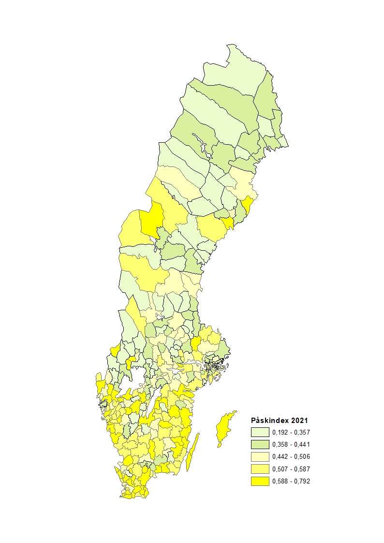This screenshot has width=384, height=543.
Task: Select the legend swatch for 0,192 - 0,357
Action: (260, 432)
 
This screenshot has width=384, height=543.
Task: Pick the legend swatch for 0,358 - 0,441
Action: (260, 444)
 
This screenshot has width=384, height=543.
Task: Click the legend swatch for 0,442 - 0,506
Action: (260, 457)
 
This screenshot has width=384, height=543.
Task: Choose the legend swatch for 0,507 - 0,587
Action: (260, 469)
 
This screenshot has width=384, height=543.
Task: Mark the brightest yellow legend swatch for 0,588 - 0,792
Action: (260, 481)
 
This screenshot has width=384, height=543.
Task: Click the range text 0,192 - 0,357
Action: (291, 432)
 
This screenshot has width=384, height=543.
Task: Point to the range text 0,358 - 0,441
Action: (291, 444)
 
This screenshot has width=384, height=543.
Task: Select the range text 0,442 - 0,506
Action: (291, 457)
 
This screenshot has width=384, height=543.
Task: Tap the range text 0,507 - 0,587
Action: (291, 469)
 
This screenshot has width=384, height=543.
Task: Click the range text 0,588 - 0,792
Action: (291, 481)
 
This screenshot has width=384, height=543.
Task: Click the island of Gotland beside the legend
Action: (224, 428)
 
